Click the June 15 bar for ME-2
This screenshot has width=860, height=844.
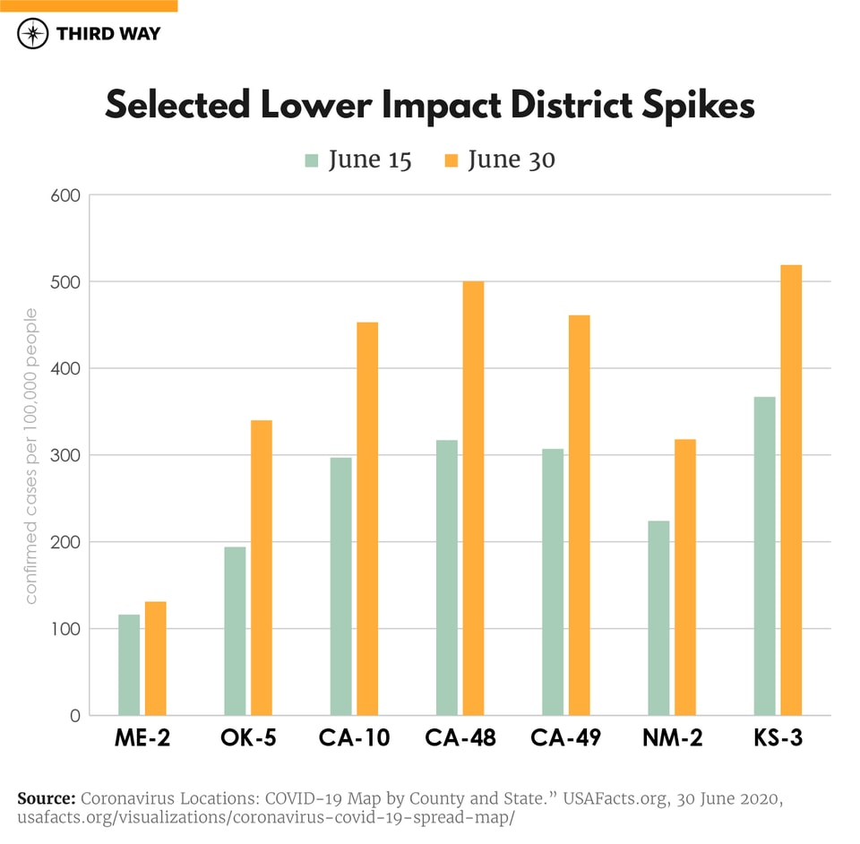click(x=129, y=665)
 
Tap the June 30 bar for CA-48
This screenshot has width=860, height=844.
click(x=473, y=498)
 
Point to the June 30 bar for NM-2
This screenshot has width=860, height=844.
click(x=685, y=577)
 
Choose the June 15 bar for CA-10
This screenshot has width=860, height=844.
click(x=340, y=586)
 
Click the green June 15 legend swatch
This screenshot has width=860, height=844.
click(x=312, y=160)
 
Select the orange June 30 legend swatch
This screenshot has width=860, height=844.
click(x=451, y=160)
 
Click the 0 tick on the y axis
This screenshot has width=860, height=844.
click(x=75, y=716)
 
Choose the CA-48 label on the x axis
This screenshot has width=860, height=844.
click(x=460, y=739)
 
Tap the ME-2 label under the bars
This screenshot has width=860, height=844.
click(x=142, y=739)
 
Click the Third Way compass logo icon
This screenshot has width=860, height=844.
click(x=33, y=34)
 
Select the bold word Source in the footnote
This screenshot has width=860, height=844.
click(x=45, y=797)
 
